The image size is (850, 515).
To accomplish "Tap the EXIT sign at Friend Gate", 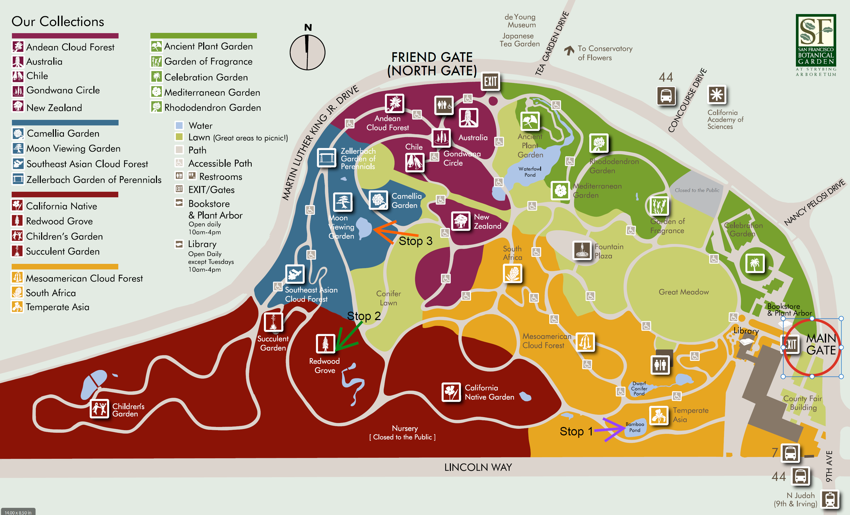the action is (490, 82).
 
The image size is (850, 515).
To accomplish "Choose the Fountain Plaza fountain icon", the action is (582, 250).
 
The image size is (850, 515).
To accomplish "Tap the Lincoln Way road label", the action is (478, 467).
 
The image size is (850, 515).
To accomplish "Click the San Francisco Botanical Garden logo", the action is (816, 45).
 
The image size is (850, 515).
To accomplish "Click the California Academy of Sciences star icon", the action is (717, 94).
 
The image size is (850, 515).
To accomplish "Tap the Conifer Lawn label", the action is (389, 298).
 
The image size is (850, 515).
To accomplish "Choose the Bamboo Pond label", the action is (635, 427).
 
